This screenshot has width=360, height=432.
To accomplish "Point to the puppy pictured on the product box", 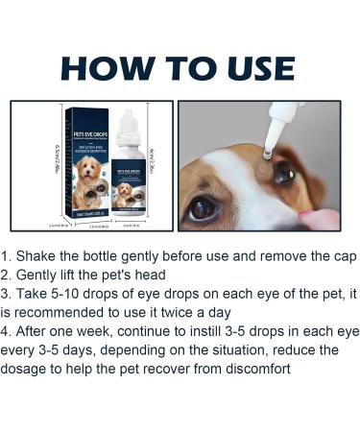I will [x=88, y=184].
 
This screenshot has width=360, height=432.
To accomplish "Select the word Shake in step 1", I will [x=41, y=257].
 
